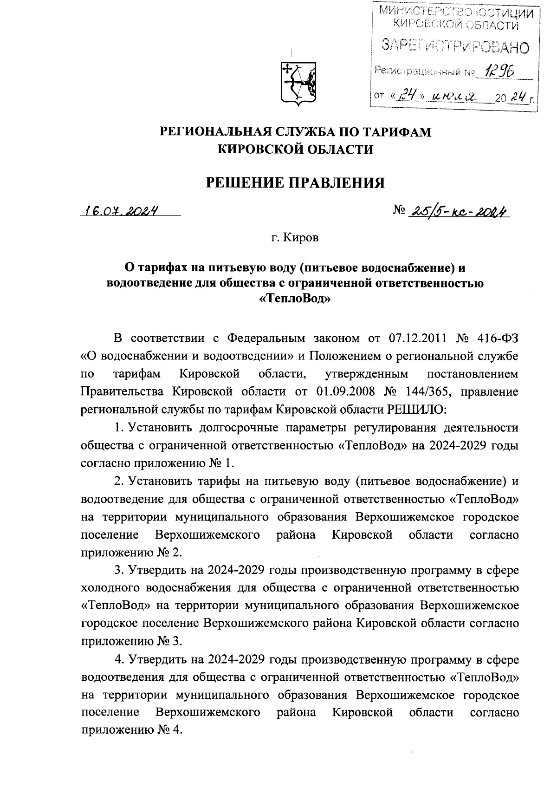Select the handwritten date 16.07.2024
120,211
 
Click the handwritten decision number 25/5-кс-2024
457,212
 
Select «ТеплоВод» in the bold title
295,300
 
